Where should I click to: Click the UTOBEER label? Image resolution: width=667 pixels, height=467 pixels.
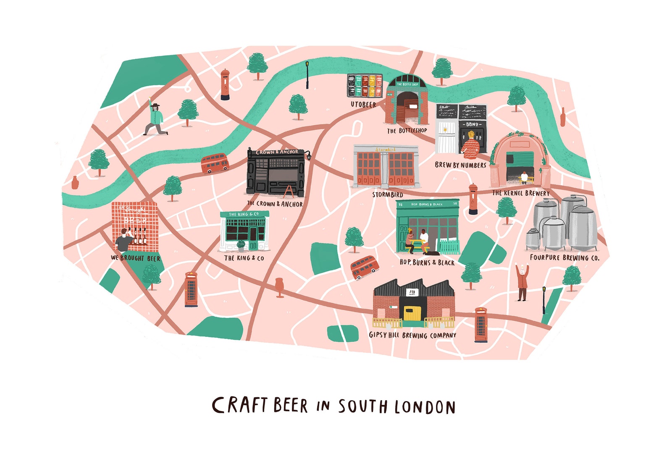tap(363, 104)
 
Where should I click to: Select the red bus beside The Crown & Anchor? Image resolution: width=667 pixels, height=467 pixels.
tap(215, 163)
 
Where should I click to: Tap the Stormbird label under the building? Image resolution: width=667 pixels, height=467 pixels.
tap(387, 195)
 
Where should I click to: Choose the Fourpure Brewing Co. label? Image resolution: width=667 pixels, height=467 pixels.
tap(564, 258)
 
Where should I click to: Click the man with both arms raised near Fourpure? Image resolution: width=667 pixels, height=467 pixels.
tap(522, 281)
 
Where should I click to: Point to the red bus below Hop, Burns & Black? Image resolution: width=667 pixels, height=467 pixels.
tap(364, 267)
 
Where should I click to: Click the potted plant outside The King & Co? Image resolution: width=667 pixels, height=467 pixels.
tap(241, 246)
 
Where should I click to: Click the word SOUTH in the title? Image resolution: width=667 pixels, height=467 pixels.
tap(362, 407)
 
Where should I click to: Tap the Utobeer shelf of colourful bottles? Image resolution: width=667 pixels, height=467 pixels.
tap(365, 85)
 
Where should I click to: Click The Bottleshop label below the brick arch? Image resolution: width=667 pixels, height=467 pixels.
tap(407, 131)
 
